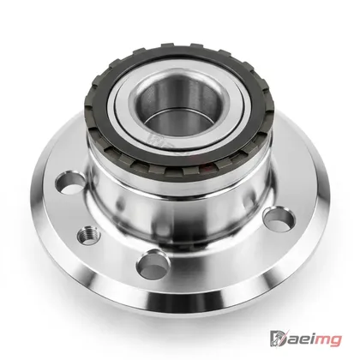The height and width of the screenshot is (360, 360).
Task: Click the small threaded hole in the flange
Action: pos(89,236)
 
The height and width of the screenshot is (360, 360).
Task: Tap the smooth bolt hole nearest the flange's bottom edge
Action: pos(153,264)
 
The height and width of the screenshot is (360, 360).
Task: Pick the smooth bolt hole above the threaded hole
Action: pos(70,182)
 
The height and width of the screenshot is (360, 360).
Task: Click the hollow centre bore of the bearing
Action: pos(179,105)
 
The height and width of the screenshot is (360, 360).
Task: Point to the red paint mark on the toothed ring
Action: pos(207,169)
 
